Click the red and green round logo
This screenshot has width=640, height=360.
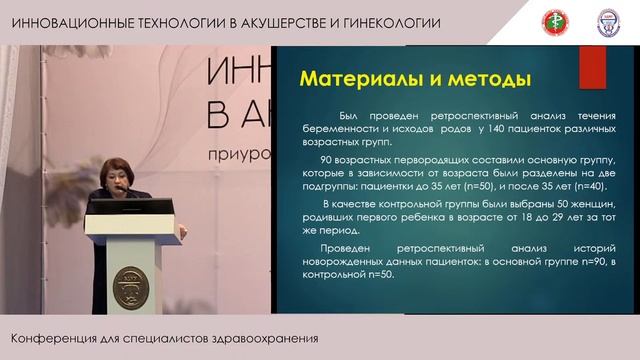pyautogui.click(x=579, y=21)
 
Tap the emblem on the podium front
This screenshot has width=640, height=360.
pyautogui.click(x=130, y=284)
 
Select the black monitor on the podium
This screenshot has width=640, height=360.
pyautogui.click(x=131, y=206)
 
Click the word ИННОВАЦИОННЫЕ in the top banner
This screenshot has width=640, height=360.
pyautogui.click(x=71, y=22)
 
